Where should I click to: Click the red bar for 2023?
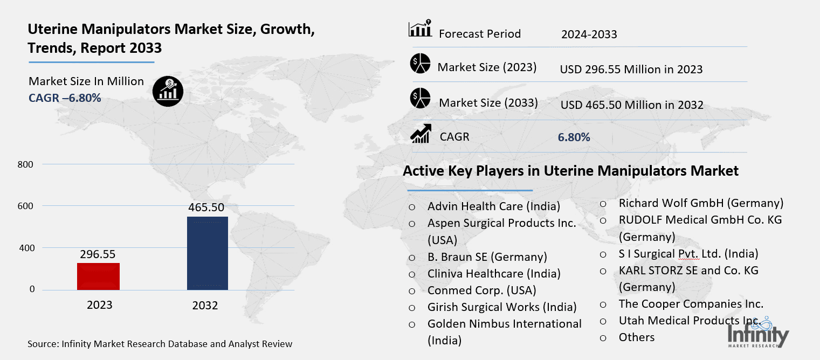[x=99, y=276]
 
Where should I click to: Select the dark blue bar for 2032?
[x=207, y=253]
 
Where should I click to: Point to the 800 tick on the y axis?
[x=27, y=164]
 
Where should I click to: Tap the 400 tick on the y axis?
[x=27, y=248]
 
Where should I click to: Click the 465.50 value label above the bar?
[x=206, y=207]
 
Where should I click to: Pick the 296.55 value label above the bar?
[x=98, y=254]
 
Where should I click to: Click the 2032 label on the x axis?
[x=205, y=306]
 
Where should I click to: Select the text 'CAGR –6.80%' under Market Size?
[x=65, y=98]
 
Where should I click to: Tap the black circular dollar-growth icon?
[x=168, y=90]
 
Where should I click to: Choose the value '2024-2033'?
[x=589, y=34]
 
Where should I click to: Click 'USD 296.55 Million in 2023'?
[x=631, y=69]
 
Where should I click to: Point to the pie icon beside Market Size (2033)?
[x=420, y=98]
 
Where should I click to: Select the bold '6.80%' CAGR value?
[x=574, y=137]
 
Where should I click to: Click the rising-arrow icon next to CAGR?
[x=420, y=134]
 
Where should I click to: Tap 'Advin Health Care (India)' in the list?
[x=493, y=206]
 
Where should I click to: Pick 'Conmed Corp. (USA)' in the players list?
[x=481, y=290]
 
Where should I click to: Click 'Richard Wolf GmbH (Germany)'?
[x=701, y=203]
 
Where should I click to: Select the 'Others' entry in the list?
[x=636, y=337]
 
